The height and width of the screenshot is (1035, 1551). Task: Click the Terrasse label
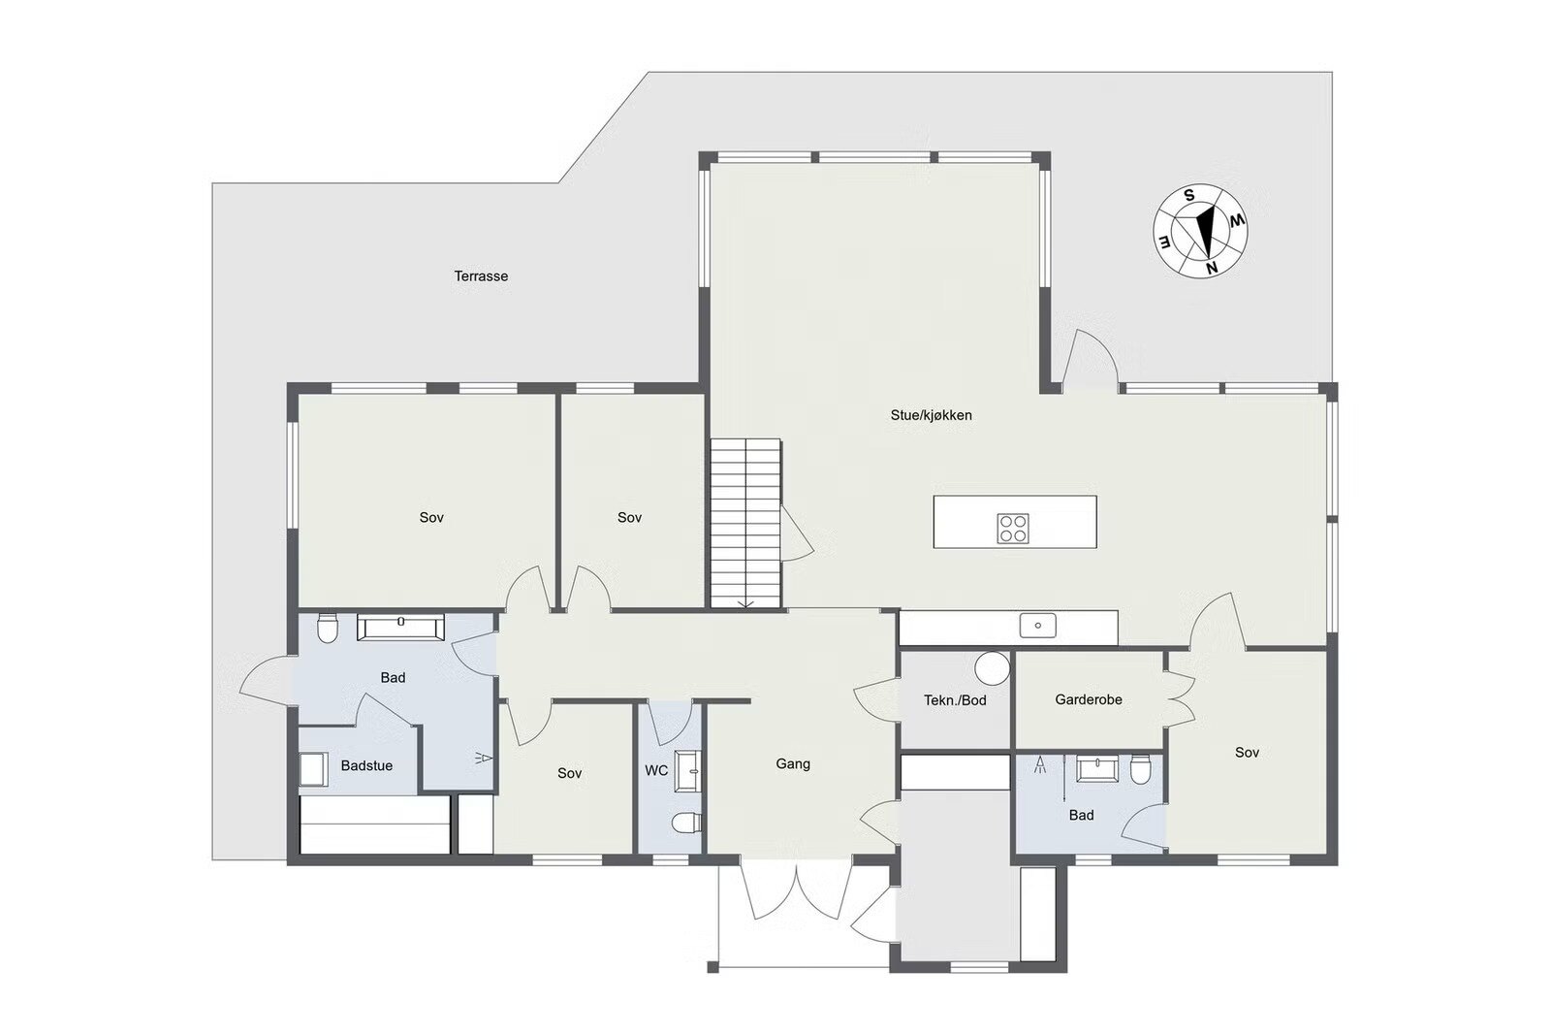tap(481, 275)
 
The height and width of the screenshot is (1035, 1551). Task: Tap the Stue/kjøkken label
tap(932, 415)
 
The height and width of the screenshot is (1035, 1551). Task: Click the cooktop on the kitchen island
tap(1013, 528)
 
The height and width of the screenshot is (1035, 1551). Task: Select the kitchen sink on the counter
tap(1038, 625)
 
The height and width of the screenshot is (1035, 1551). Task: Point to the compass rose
tap(1200, 231)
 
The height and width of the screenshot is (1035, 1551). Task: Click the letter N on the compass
tap(1212, 268)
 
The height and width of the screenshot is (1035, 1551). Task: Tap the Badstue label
tap(366, 765)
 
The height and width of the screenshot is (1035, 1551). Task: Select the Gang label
tap(793, 763)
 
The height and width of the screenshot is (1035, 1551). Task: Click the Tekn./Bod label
tap(955, 700)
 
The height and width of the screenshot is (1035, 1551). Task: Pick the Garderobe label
tap(1089, 699)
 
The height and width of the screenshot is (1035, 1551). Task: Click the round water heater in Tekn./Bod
tap(993, 667)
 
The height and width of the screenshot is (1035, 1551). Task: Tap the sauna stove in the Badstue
tap(314, 769)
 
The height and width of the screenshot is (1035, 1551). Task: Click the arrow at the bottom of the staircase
tap(745, 604)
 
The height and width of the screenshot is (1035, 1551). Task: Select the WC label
tap(656, 770)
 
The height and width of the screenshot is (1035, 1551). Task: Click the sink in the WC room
tap(688, 770)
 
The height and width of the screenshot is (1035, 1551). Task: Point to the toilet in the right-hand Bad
tap(1140, 769)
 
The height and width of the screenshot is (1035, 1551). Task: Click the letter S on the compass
tap(1188, 195)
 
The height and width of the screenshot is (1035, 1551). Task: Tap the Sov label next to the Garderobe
tap(1247, 753)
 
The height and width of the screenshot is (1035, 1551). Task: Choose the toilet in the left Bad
tap(327, 628)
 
